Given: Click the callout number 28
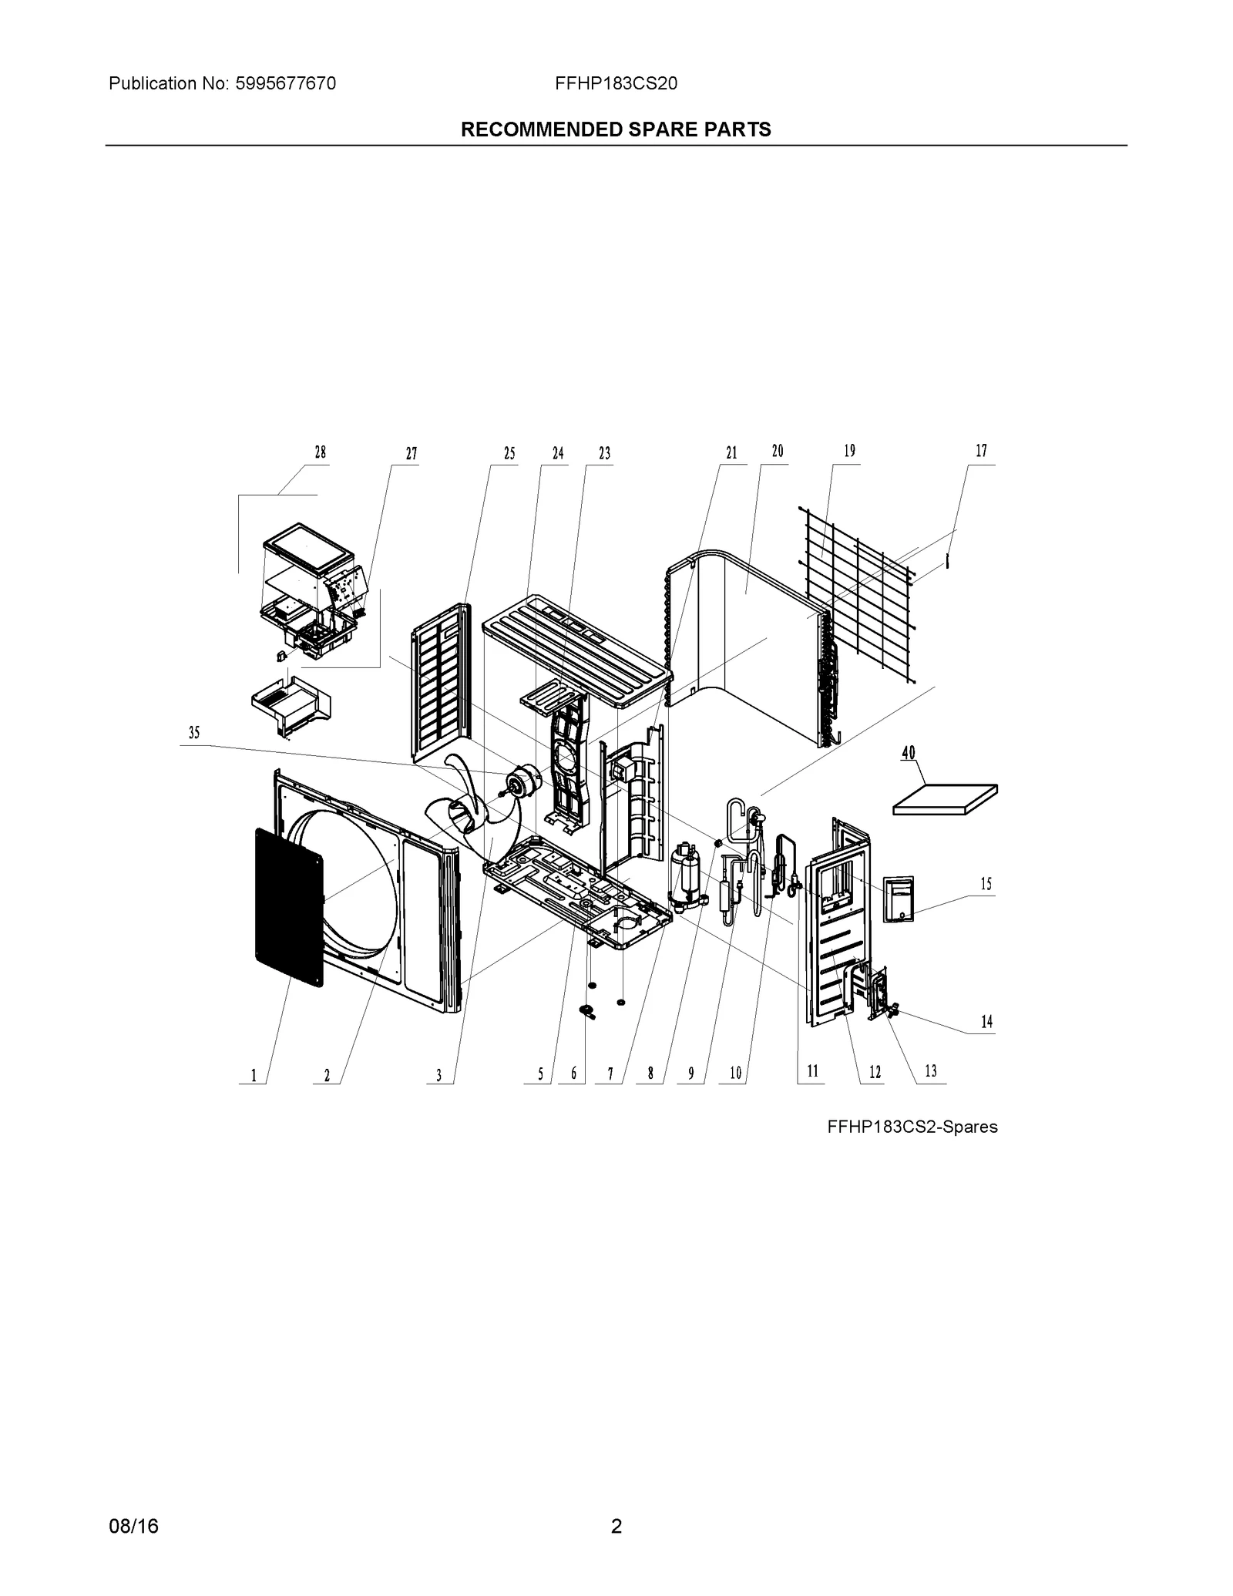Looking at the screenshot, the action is [x=320, y=452].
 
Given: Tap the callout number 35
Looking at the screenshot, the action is [x=194, y=733].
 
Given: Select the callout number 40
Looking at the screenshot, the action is [x=909, y=752].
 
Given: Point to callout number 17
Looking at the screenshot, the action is [x=981, y=451].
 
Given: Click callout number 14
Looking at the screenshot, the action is [x=986, y=1022].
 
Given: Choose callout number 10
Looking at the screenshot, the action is [x=735, y=1073].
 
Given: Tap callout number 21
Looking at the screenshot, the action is [x=731, y=453].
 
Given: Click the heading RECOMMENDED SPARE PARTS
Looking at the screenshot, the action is [x=616, y=129].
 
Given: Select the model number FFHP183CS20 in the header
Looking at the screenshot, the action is [x=616, y=83].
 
